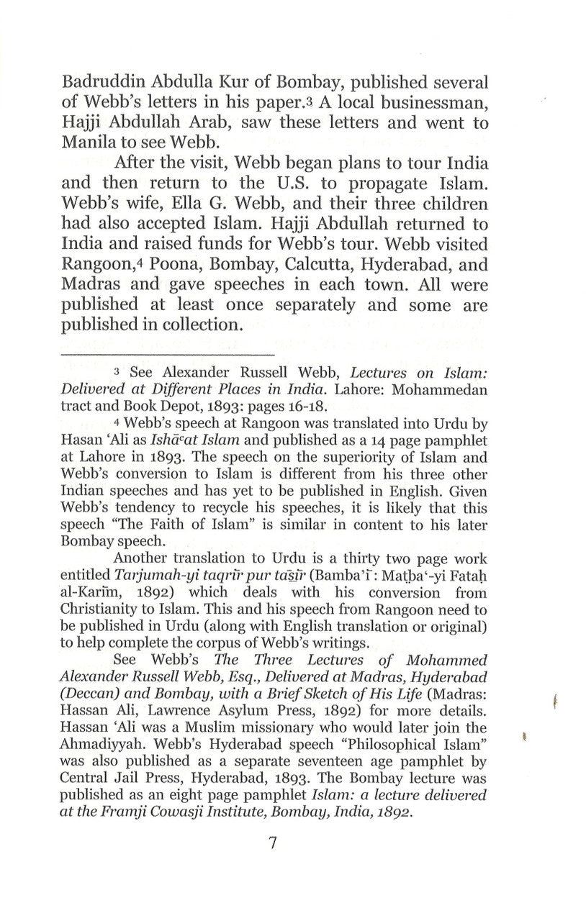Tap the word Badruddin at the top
tap(116, 81)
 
